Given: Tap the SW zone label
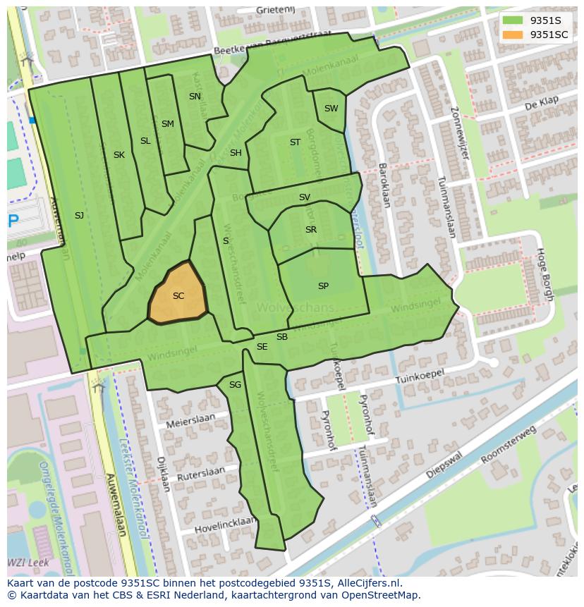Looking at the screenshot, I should pos(331,109).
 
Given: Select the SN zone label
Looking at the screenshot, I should pos(195,97).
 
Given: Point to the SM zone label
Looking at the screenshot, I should pos(167,124).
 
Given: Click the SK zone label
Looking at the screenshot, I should pos(119,155).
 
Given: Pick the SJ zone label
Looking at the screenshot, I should pos(79,216).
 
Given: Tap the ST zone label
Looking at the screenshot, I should pos(295,142).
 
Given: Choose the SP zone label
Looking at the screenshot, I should pos(323,286).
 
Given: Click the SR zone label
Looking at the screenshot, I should pos(311,230).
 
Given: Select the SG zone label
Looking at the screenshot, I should pos(235,385).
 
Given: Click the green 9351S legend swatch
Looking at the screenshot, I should pos(513,21).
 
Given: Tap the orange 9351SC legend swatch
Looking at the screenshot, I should pos(513,35).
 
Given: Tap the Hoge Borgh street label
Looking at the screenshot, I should pos(543,274).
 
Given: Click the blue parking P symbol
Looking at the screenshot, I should pos(13,221).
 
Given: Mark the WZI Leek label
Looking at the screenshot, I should pos(23,563).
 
